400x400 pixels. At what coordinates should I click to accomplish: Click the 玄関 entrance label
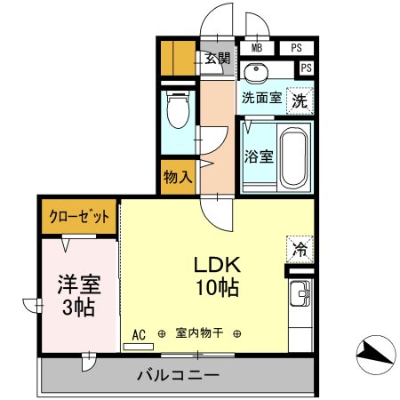tap(217, 59)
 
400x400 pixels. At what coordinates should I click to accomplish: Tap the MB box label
tap(256, 49)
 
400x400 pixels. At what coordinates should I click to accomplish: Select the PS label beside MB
tap(296, 49)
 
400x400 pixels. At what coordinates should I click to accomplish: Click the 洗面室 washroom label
tap(262, 99)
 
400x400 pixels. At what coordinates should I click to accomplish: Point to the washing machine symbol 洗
tap(300, 100)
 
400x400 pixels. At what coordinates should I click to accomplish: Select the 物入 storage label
tap(178, 176)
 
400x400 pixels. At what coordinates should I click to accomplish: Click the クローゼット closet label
tap(78, 216)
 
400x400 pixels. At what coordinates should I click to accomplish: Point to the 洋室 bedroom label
tap(79, 285)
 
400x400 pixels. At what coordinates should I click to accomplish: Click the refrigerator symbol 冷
tap(300, 249)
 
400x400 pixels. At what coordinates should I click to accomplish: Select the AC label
tap(139, 334)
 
